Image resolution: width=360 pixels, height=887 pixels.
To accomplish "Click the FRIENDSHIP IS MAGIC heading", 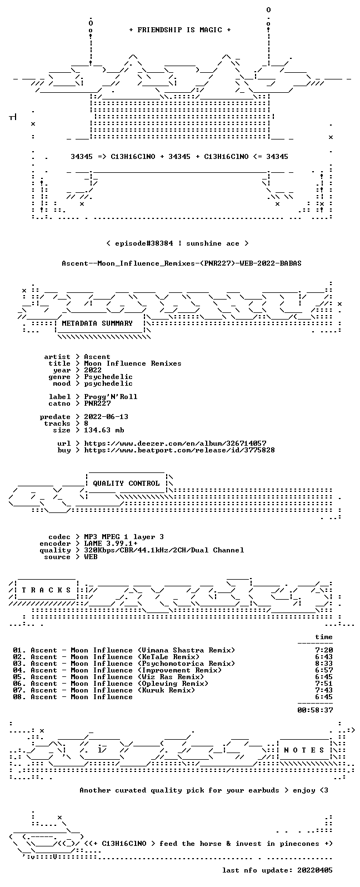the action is pos(180,29).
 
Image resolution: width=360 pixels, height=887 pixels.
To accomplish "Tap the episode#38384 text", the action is pos(144,243).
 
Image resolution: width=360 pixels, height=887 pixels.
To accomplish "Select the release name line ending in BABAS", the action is pos(181,263).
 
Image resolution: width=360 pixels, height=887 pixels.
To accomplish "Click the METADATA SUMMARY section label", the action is pos(97,323).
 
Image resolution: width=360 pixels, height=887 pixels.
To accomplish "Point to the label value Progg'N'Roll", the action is pos(111,396).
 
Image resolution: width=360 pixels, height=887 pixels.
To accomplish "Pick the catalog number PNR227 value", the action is pos(97,403).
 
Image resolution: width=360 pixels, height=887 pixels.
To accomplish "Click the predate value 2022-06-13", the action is pos(106,417).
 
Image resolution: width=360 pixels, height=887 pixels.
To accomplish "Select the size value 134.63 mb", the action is pos(104,430).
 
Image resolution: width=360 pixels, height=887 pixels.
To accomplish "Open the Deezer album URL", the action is pos(175,443).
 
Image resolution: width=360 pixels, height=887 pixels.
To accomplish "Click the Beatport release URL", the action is pos(179,450).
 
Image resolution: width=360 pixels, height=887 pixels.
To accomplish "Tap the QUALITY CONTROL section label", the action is pos(126,483).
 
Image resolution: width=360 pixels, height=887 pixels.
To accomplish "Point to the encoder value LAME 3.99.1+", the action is pos(111,544).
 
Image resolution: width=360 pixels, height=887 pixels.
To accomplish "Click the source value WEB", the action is pos(91,557).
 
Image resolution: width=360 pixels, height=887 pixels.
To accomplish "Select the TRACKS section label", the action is pos(46,590).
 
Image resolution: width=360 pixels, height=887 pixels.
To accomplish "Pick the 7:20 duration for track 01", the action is pos(324,650).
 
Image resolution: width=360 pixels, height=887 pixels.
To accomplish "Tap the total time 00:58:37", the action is pos(315,710).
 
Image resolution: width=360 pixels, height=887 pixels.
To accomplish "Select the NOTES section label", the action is pos(304,750).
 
